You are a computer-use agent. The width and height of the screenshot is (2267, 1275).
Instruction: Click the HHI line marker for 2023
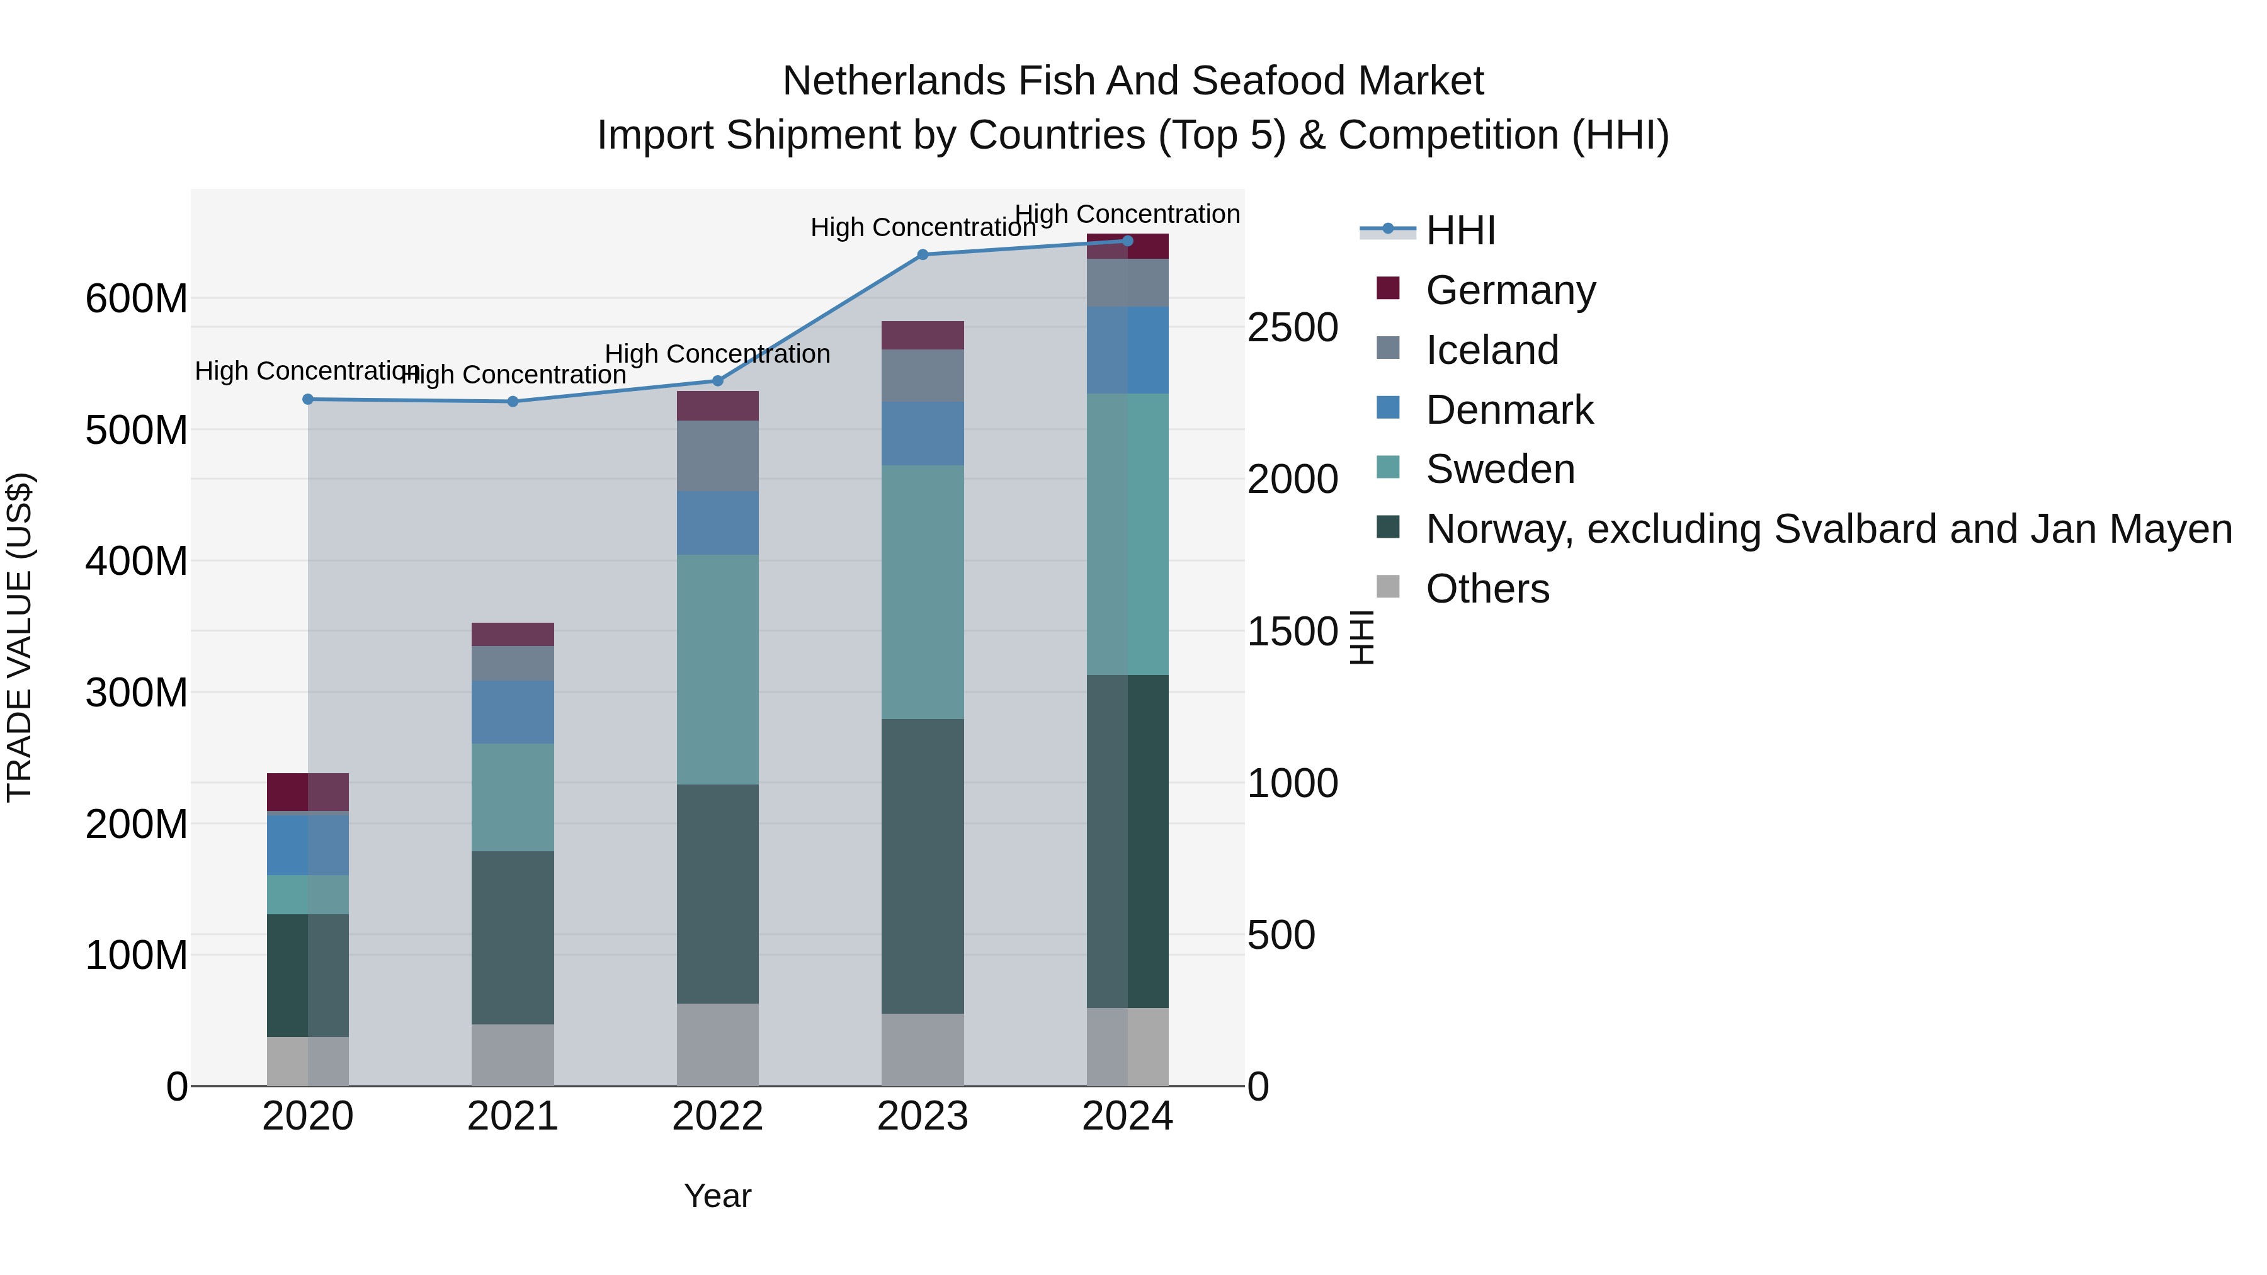923,255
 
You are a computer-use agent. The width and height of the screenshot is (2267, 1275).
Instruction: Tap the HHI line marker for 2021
513,401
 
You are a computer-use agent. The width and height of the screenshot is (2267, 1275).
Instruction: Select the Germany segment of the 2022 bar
717,405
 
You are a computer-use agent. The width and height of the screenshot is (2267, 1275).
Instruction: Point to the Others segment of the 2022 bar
717,1045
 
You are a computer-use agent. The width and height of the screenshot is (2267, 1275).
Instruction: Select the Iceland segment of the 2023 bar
923,376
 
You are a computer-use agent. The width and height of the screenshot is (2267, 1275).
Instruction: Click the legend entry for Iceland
1492,350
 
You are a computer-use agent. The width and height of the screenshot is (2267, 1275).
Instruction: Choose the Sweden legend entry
1499,469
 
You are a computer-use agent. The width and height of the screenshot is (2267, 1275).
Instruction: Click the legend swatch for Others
1388,587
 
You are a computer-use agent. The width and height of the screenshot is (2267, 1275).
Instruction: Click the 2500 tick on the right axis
1292,327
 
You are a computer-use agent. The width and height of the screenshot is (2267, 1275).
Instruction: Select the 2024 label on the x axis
1127,1116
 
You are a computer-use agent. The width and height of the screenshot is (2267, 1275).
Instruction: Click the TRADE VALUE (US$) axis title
20,637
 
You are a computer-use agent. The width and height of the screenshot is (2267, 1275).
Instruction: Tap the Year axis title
717,1196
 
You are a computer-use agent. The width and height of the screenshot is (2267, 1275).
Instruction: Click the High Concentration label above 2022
717,354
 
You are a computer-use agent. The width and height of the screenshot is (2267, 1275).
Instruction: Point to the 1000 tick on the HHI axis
1292,783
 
